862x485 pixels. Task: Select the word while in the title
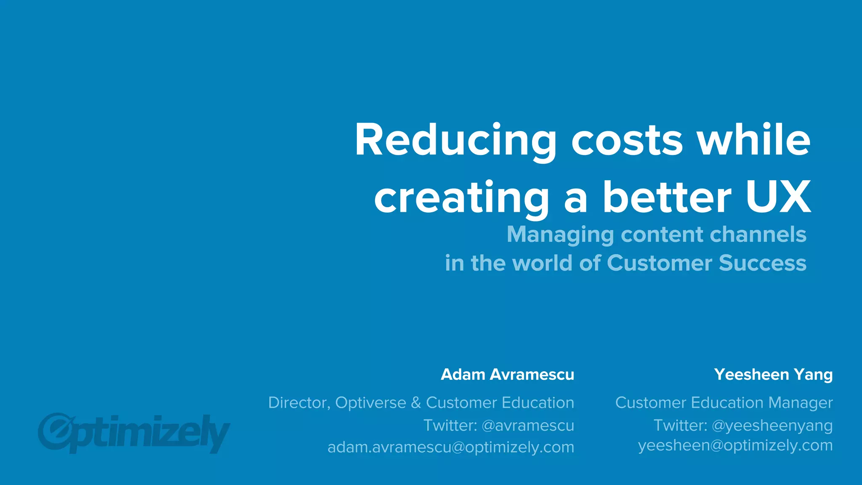tap(754, 140)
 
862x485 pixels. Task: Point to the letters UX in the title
tap(778, 197)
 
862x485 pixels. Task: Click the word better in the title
tap(667, 197)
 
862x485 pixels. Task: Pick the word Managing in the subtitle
tap(560, 235)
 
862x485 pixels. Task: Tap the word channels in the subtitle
tap(758, 234)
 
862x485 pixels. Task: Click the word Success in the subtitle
tap(762, 263)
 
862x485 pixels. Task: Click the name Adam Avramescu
tap(507, 374)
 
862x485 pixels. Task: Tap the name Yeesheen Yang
tap(773, 374)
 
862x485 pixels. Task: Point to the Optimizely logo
tap(134, 432)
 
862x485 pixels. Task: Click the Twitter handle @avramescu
tap(528, 425)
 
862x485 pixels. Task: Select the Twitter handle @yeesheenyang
tap(772, 425)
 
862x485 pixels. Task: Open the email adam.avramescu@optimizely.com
tap(451, 447)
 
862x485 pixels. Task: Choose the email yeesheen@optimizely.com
tap(735, 445)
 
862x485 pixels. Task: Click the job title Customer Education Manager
tap(724, 402)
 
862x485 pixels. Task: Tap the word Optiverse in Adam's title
tap(370, 402)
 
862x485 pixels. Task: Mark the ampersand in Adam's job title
tap(416, 402)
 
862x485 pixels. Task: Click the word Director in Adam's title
tap(298, 402)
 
